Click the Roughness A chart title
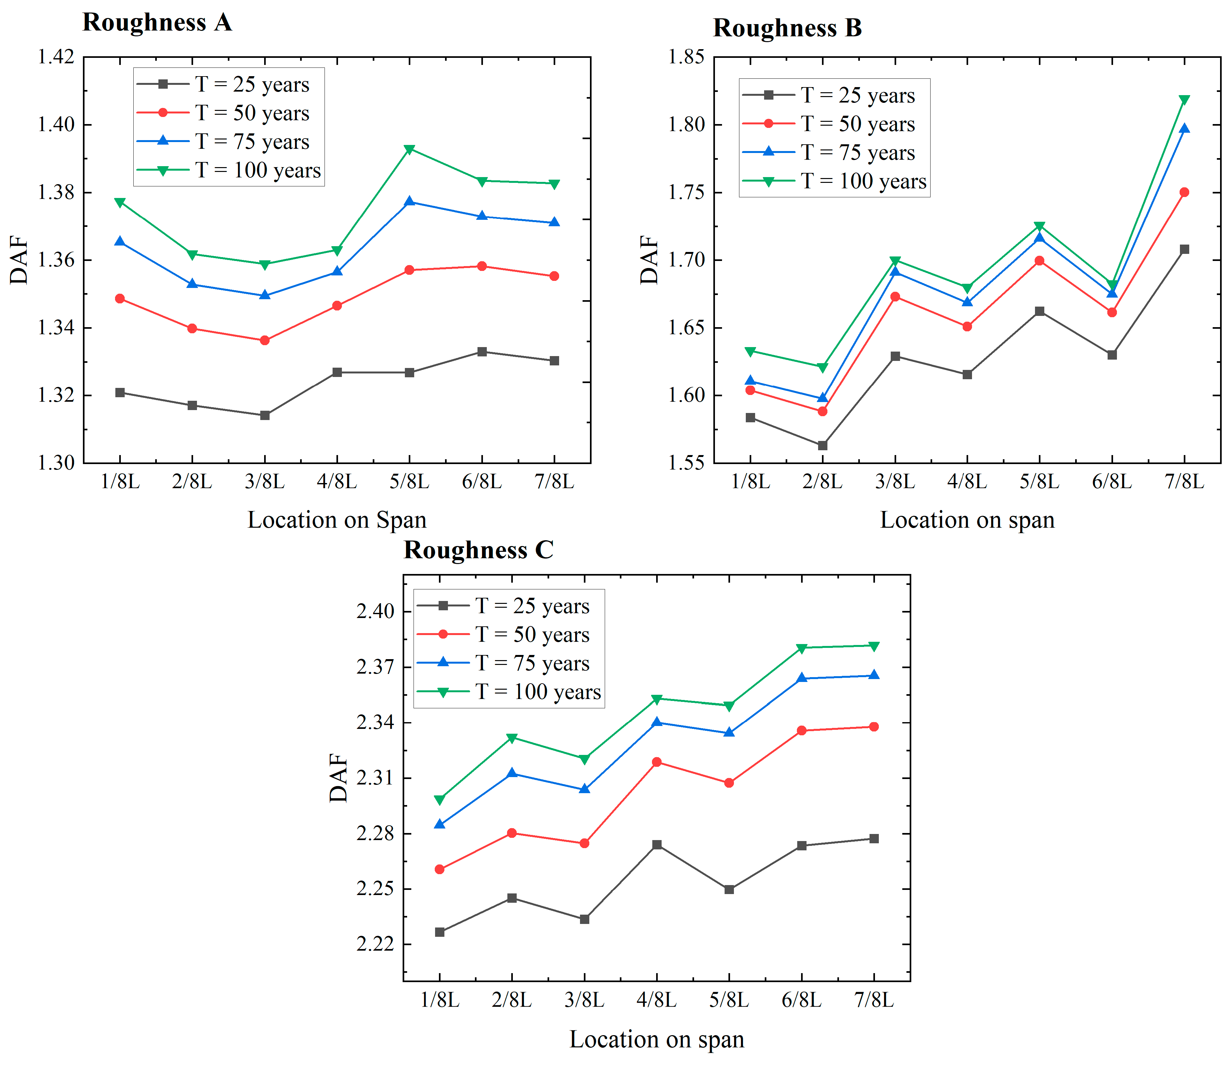(157, 22)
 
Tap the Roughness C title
(479, 550)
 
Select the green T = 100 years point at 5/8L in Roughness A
(409, 149)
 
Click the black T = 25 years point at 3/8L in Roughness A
(265, 415)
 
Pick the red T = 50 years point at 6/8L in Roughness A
(482, 266)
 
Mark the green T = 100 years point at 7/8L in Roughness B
(1184, 100)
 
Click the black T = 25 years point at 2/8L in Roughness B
(823, 445)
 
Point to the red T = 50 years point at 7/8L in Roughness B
(1184, 192)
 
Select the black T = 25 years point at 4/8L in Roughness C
(656, 845)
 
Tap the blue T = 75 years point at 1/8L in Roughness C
(440, 824)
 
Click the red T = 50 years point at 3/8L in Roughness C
(584, 843)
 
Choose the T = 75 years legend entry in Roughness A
(223, 142)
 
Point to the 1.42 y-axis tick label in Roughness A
(57, 57)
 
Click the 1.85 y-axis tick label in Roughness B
(687, 57)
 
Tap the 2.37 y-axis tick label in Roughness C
(375, 667)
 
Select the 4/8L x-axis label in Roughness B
(967, 481)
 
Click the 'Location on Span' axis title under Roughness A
(337, 520)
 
